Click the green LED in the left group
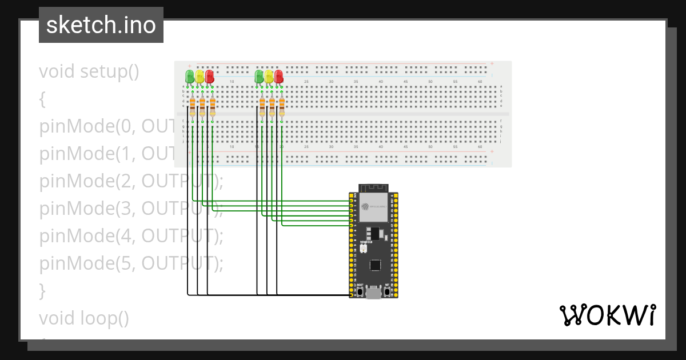(190, 77)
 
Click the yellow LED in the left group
(200, 77)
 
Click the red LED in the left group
(210, 77)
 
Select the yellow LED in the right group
(269, 77)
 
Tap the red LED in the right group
(279, 77)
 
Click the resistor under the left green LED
(193, 107)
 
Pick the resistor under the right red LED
(282, 107)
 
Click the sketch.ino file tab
(101, 25)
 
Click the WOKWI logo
(607, 315)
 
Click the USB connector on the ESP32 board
(374, 294)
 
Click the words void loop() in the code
(84, 318)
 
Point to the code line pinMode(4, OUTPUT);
(131, 235)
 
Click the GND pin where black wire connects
(351, 295)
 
